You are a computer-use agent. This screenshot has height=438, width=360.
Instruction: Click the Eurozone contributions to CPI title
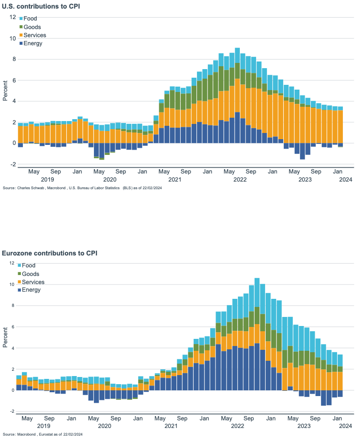(50, 253)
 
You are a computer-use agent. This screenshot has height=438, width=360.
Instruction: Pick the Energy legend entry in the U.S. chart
(32, 43)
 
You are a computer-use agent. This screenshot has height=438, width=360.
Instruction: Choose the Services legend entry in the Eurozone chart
(33, 282)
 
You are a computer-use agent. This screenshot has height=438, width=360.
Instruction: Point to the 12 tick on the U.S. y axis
(13, 17)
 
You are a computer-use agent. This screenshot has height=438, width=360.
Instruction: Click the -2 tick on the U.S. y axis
(13, 164)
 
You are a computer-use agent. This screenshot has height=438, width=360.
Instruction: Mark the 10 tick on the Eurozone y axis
(13, 285)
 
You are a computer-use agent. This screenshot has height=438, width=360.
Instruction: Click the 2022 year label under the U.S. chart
(240, 180)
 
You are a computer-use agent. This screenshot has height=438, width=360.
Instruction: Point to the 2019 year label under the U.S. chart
(47, 180)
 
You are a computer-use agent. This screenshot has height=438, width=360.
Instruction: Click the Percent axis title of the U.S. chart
(5, 91)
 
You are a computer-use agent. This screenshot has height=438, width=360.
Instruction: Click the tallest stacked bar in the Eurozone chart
(257, 334)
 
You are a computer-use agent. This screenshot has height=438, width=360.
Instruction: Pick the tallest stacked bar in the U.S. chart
(237, 95)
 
